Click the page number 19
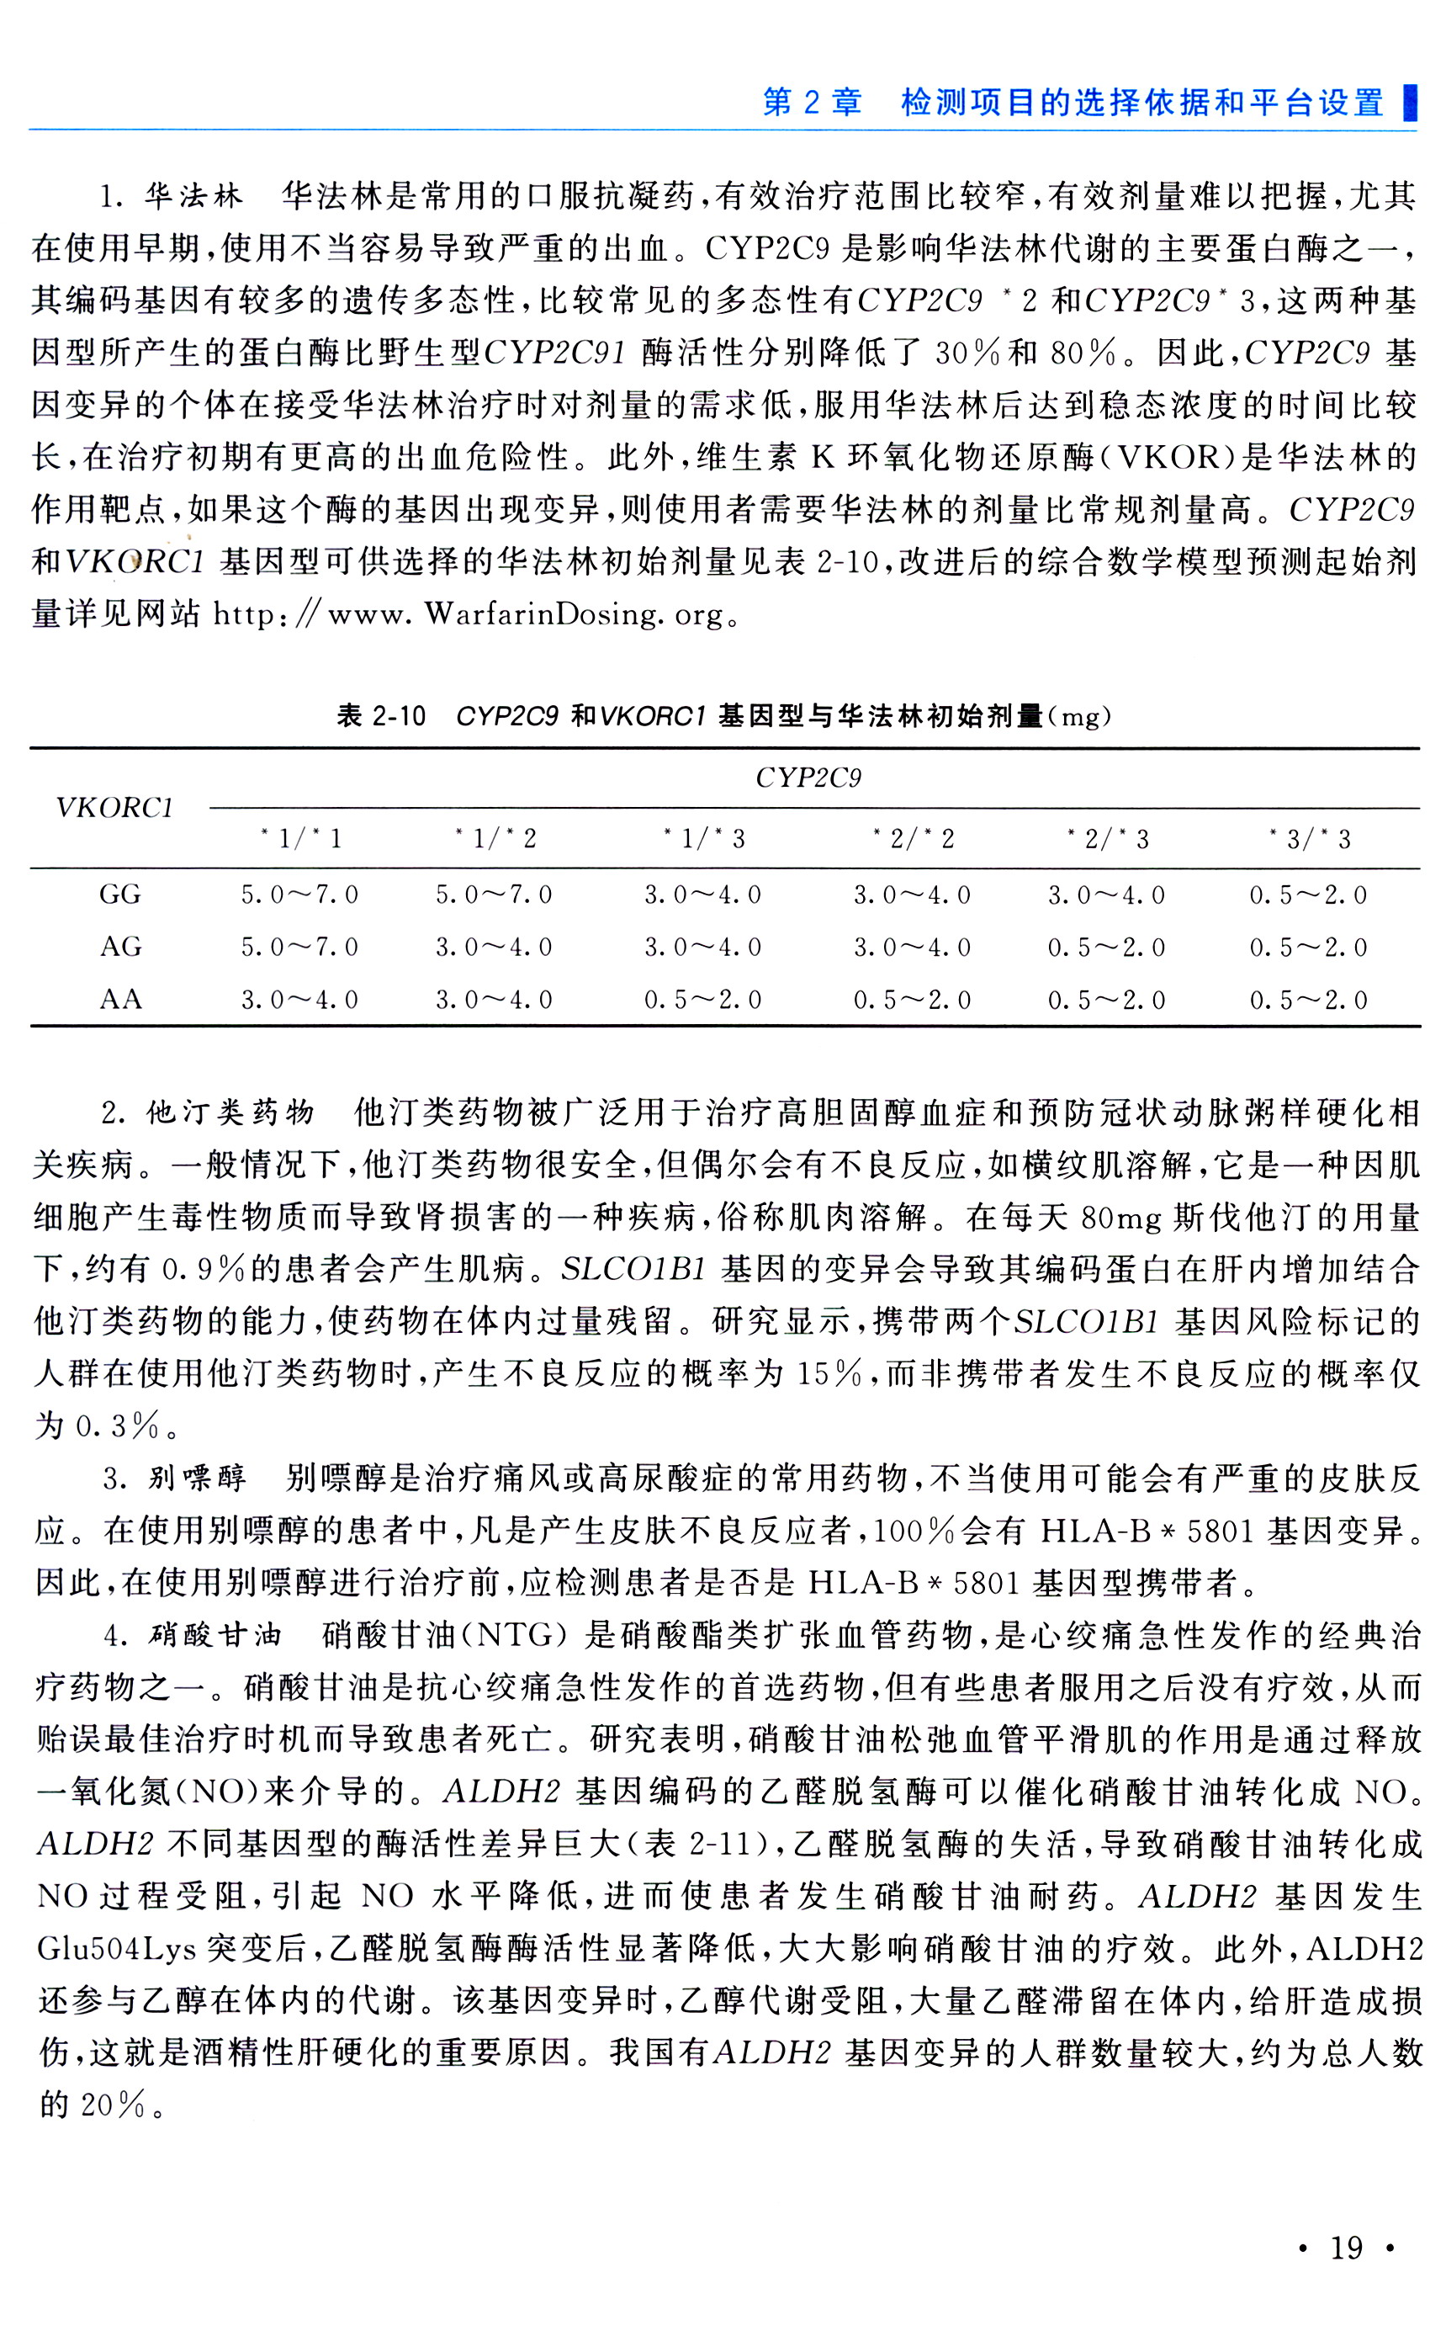[1346, 2247]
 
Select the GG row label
[119, 895]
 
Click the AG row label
[120, 947]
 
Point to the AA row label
[120, 1000]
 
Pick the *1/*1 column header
[300, 840]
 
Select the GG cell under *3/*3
[1308, 895]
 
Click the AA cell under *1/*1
[299, 1000]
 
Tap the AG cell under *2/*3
[1106, 947]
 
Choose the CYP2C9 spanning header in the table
[808, 778]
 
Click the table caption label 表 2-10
[380, 715]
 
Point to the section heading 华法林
[193, 196]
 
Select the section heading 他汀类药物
[230, 1112]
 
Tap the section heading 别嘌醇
[197, 1478]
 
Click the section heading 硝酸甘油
[215, 1635]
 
